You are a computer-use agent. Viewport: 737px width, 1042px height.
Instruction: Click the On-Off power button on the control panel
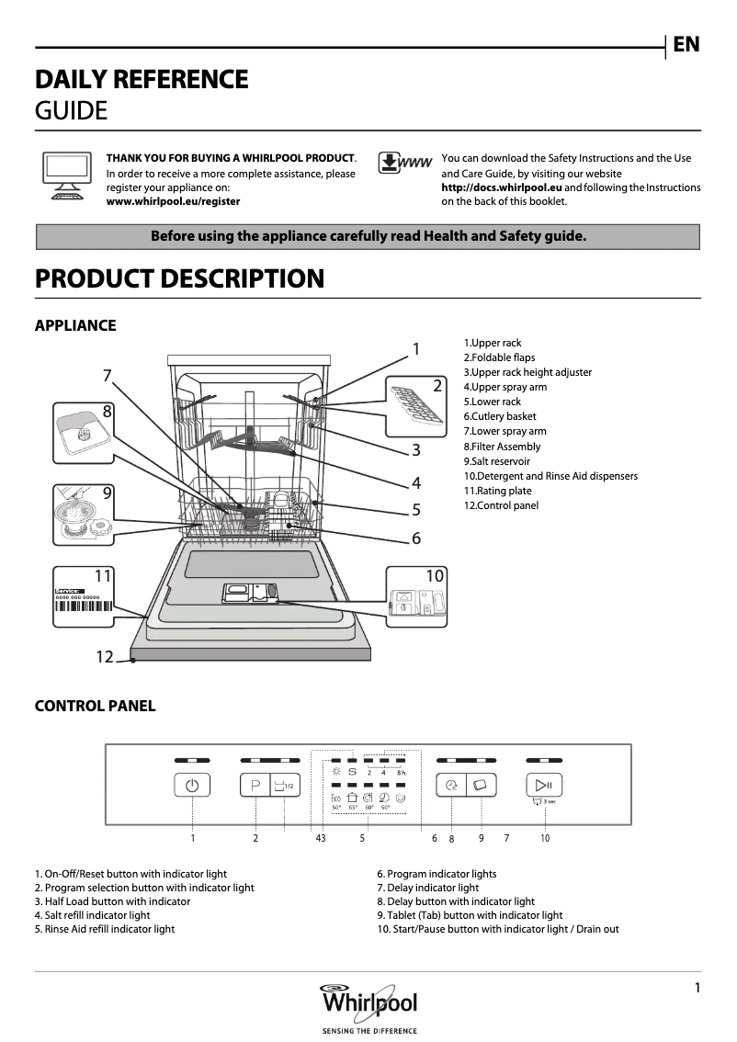click(191, 786)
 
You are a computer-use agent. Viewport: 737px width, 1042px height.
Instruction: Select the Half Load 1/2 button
click(283, 786)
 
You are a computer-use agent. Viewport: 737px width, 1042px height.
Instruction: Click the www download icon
click(404, 164)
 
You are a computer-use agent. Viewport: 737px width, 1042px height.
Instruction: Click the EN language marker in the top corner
click(686, 44)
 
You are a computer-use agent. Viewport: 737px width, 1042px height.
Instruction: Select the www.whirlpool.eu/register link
click(173, 201)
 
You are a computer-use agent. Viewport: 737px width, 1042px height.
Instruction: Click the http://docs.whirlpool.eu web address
click(502, 187)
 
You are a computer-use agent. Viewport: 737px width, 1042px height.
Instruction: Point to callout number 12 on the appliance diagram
click(105, 656)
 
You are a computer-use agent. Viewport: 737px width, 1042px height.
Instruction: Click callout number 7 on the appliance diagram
click(108, 375)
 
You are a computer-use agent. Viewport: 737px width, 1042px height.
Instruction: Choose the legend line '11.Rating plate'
click(497, 491)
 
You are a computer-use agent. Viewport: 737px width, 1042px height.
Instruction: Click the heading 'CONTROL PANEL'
click(95, 706)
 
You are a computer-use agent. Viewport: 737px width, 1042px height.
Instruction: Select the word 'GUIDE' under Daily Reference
click(71, 111)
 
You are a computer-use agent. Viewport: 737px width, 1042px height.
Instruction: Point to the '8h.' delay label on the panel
click(402, 773)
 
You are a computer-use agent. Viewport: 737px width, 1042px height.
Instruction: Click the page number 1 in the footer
click(697, 988)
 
